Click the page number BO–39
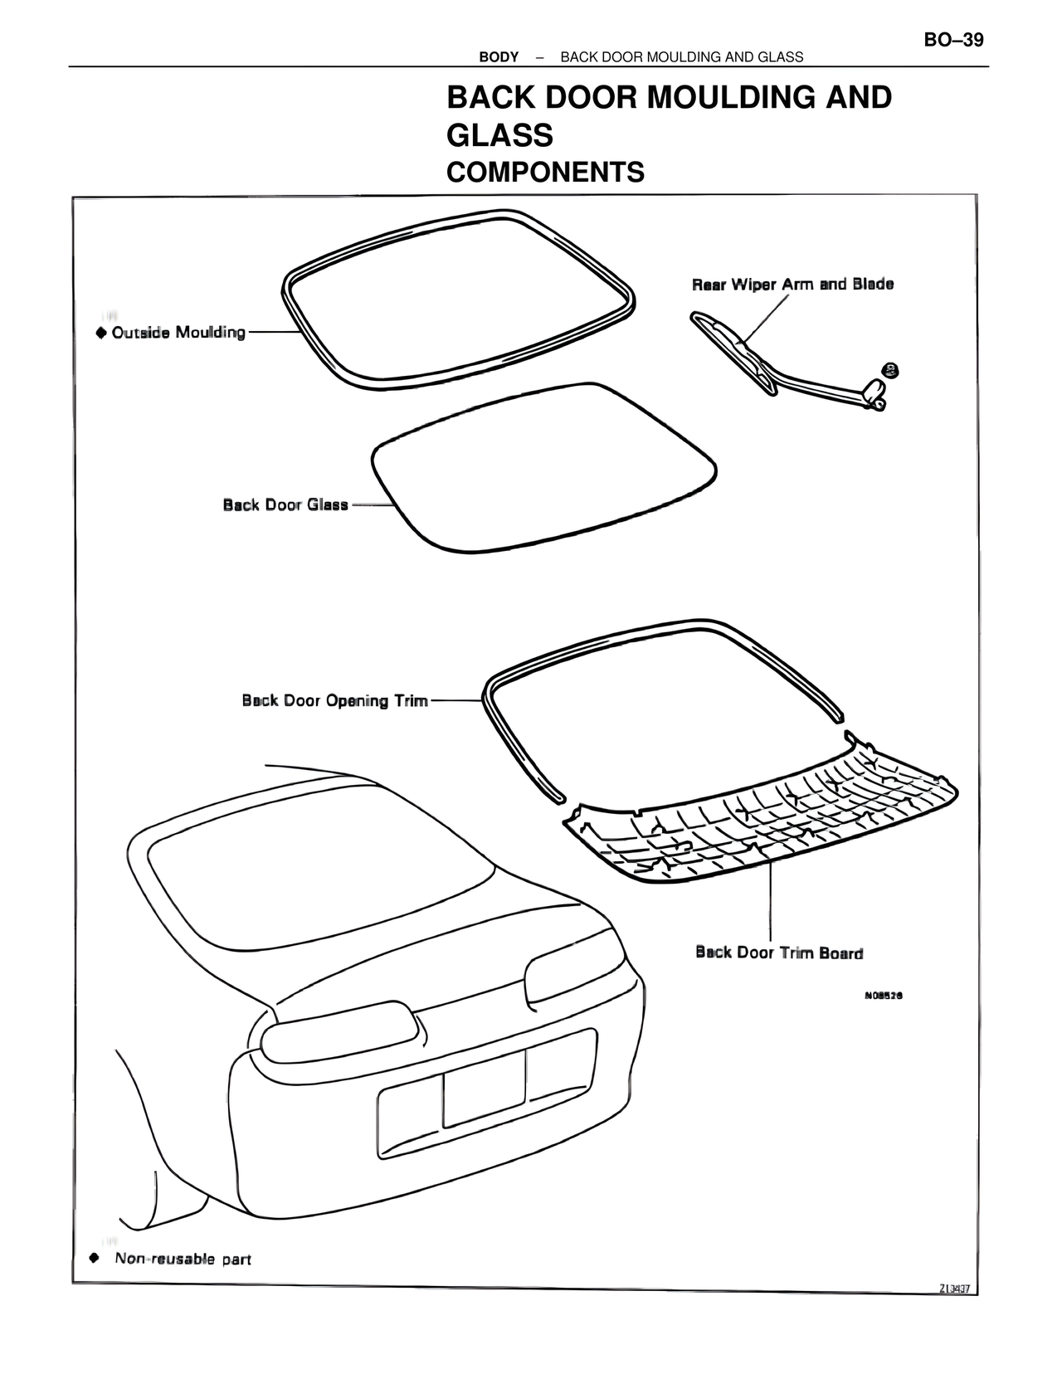(x=953, y=40)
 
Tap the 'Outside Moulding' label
(x=178, y=333)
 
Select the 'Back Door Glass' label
(x=285, y=504)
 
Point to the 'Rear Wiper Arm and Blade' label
(x=792, y=285)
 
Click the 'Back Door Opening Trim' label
(x=334, y=701)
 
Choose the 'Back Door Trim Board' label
(x=779, y=953)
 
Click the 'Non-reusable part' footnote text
(x=183, y=1259)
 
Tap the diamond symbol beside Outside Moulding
(x=101, y=333)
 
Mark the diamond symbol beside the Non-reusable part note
(x=95, y=1258)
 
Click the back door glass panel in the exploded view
(x=543, y=469)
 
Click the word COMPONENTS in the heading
(x=545, y=173)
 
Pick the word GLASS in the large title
(x=499, y=135)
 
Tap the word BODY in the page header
(x=499, y=57)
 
